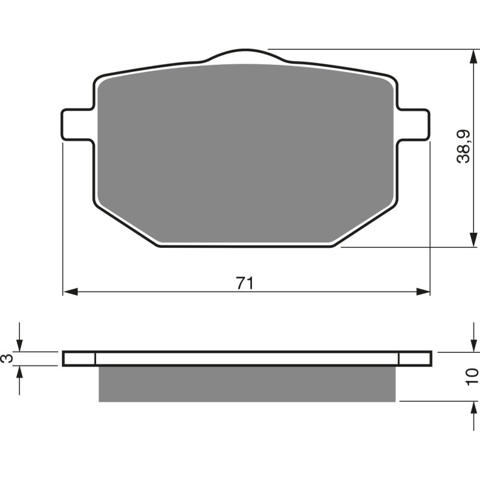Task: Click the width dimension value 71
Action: [244, 283]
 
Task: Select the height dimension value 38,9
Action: [463, 147]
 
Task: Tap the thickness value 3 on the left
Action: [7, 358]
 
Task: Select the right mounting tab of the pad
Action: [414, 125]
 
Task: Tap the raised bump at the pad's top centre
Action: [244, 56]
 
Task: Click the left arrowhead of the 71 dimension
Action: [70, 292]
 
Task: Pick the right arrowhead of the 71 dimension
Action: [424, 292]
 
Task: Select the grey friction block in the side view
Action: [247, 384]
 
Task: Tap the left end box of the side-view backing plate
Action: [79, 358]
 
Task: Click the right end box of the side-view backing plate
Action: [415, 358]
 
